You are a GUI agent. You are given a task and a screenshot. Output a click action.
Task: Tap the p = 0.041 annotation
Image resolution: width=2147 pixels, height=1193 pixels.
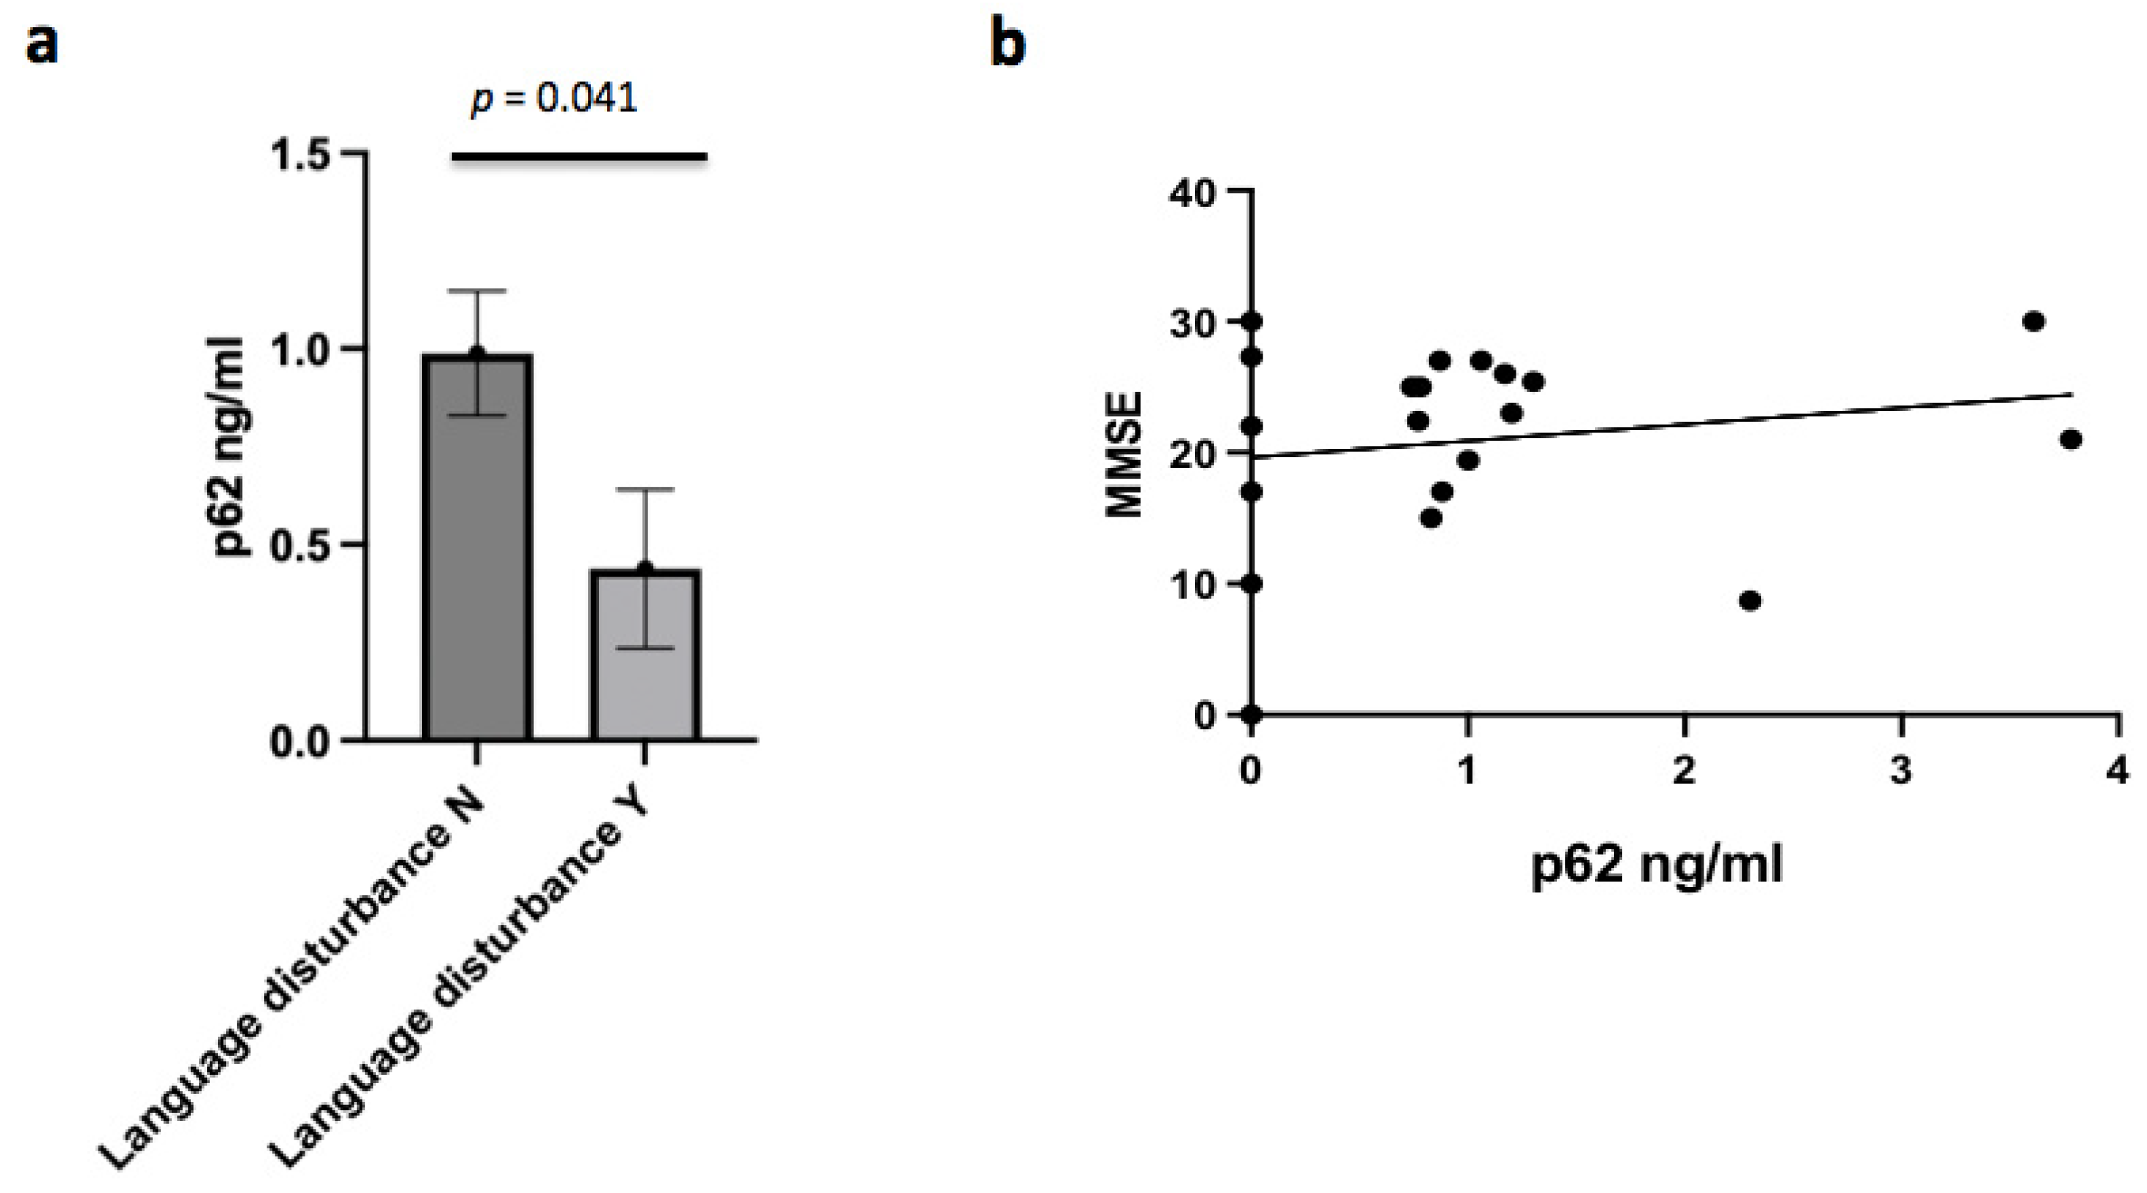(x=554, y=99)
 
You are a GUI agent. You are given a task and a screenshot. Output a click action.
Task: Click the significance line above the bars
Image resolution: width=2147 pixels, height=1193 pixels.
(x=579, y=156)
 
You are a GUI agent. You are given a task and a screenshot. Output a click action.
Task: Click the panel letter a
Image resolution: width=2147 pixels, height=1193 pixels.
(x=43, y=43)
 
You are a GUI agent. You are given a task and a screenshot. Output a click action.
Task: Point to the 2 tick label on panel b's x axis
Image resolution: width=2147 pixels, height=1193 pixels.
(x=1685, y=770)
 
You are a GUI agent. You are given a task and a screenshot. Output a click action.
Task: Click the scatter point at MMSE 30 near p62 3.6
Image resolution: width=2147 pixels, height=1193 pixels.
(x=2034, y=321)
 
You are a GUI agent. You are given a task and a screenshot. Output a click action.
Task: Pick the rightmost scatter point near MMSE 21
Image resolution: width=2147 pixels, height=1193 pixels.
(x=2071, y=439)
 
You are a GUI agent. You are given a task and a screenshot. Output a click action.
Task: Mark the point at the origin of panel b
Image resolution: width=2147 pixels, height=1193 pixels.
(x=1251, y=715)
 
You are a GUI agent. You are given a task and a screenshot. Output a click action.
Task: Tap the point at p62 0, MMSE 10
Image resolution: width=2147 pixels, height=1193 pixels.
(x=1251, y=584)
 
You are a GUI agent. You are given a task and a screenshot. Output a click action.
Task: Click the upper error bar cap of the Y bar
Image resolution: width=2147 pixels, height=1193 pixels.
(x=645, y=489)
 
